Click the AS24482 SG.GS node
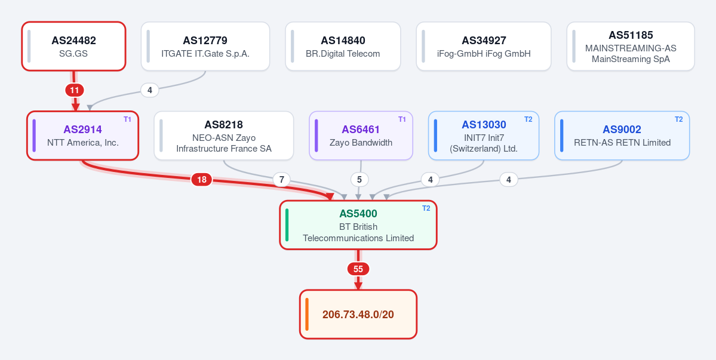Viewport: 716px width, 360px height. tap(73, 46)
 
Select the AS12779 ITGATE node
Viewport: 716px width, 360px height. tap(205, 46)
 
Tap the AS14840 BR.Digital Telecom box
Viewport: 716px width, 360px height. tap(343, 46)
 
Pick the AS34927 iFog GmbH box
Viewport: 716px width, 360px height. tap(484, 46)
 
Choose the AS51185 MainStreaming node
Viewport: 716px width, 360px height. tap(631, 46)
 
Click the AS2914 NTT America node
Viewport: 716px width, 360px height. tap(82, 136)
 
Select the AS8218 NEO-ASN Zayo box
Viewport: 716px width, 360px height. tap(224, 136)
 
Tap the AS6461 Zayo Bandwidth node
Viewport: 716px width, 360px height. tap(361, 136)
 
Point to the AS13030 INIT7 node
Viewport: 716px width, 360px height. tap(484, 136)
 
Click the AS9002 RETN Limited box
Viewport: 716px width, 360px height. tap(622, 136)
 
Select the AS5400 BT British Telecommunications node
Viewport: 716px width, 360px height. tap(358, 225)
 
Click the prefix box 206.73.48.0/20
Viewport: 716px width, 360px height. tap(358, 315)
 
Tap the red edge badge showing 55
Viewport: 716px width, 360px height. tap(358, 269)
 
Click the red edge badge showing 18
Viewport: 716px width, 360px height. tap(202, 180)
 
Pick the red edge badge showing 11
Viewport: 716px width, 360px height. tap(75, 90)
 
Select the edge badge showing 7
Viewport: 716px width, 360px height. tap(282, 180)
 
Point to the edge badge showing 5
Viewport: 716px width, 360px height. tap(359, 180)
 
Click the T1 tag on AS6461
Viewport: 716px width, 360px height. tap(402, 119)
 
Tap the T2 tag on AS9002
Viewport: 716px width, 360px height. tap(678, 119)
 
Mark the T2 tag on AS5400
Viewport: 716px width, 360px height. tap(426, 208)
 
